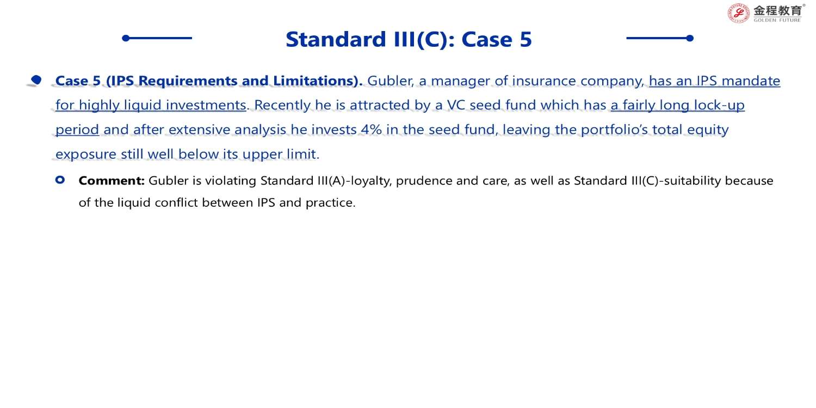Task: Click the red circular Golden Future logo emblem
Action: click(738, 14)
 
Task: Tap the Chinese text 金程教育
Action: click(778, 10)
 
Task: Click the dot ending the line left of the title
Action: click(126, 38)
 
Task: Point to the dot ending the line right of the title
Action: click(690, 38)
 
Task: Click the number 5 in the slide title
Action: click(526, 39)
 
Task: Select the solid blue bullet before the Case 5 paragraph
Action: click(36, 79)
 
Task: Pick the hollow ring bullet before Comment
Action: click(60, 180)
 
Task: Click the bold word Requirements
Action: click(188, 81)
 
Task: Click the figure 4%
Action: click(371, 129)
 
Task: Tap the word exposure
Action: click(86, 154)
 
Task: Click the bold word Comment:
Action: click(112, 181)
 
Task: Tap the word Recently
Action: click(282, 106)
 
